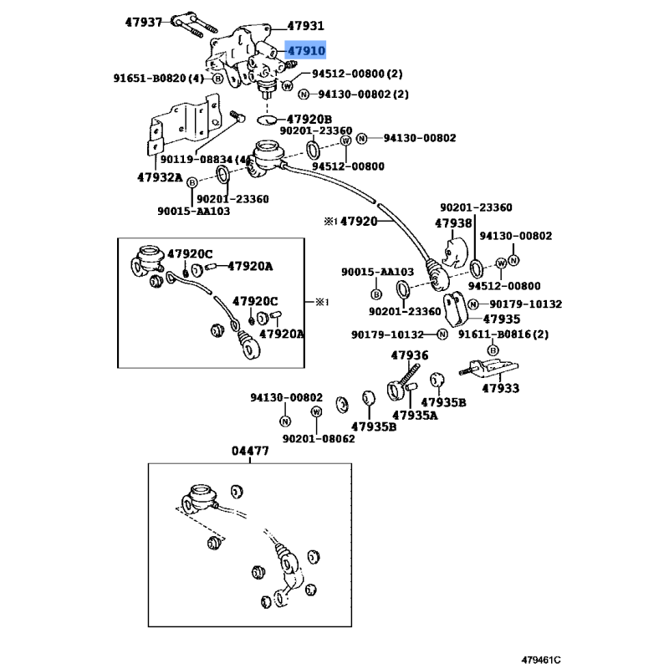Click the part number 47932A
point(160,176)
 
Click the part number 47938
point(453,223)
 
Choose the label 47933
point(500,389)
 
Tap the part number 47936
point(410,355)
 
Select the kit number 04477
point(250,452)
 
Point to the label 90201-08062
point(318,438)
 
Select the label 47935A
point(415,415)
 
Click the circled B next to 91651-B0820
point(217,79)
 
